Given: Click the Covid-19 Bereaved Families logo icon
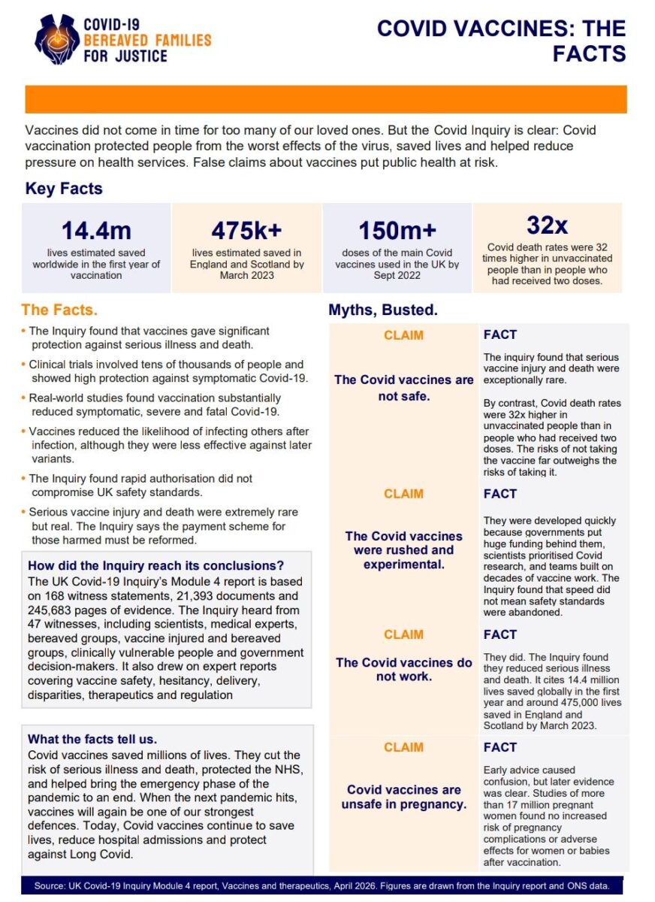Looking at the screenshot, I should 57,38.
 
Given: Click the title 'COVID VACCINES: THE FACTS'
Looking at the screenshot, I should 501,41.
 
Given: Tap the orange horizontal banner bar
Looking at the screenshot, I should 326,99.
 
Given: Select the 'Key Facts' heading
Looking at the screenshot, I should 64,189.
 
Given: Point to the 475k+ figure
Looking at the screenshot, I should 246,229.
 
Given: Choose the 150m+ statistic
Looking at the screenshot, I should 397,230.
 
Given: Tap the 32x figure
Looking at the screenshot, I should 547,225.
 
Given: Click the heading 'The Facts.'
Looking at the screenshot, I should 59,310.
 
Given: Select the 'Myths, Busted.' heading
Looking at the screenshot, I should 383,310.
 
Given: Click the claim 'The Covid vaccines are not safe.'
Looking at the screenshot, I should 404,387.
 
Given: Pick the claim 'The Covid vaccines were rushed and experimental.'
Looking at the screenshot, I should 404,549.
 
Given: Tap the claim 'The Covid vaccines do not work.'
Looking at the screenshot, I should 404,669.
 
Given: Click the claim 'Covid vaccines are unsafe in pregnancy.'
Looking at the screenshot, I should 404,797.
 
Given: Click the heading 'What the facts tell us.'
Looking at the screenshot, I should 92,739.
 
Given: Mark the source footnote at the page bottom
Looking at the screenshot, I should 327,885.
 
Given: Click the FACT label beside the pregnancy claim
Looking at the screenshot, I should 500,747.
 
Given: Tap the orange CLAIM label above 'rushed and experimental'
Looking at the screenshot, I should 403,494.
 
